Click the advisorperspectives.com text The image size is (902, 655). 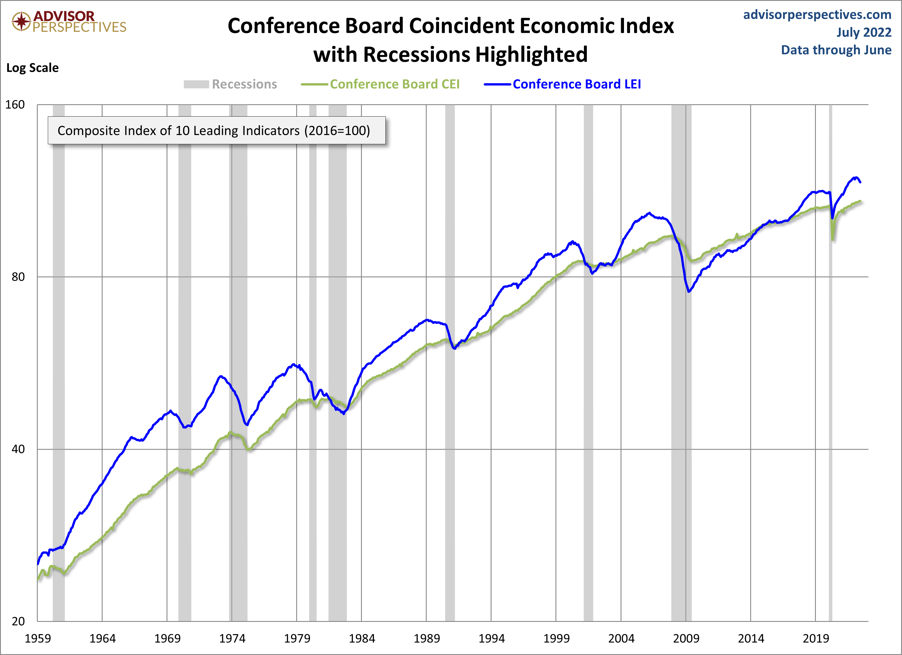coord(817,15)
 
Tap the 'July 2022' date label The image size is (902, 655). coord(863,32)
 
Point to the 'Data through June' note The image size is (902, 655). coord(836,50)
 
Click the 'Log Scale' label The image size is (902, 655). coord(33,68)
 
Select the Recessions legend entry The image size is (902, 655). coord(231,84)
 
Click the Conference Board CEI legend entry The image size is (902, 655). coord(380,84)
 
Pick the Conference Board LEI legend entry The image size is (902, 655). coord(562,84)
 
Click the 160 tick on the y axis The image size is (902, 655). coord(15,105)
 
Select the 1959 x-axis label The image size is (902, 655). coord(38,639)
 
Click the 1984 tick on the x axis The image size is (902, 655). coord(362,639)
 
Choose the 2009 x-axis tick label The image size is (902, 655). coord(686,639)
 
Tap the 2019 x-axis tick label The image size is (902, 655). coord(815,639)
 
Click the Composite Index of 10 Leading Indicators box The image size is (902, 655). coord(216,130)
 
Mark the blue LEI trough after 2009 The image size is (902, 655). coord(689,292)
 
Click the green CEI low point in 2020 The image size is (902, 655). coord(832,240)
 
